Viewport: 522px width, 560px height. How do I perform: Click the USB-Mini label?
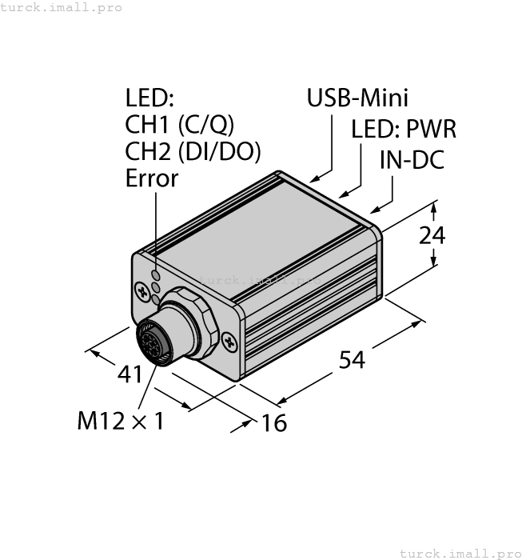(357, 98)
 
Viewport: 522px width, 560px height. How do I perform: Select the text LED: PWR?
(404, 129)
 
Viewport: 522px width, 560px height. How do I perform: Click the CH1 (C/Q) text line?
(180, 125)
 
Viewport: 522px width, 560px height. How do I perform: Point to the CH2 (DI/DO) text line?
(193, 151)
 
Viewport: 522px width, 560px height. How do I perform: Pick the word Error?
(152, 178)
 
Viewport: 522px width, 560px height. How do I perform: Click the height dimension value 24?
(432, 236)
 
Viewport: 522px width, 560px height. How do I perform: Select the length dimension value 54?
(352, 360)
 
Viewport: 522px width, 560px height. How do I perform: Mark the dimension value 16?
(274, 422)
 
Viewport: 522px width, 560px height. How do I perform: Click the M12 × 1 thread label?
(120, 421)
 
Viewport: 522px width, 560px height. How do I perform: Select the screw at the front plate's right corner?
(231, 343)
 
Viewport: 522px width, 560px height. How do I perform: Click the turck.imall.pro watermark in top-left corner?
(62, 7)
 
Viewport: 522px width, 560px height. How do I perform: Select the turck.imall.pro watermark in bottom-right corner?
(459, 553)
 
